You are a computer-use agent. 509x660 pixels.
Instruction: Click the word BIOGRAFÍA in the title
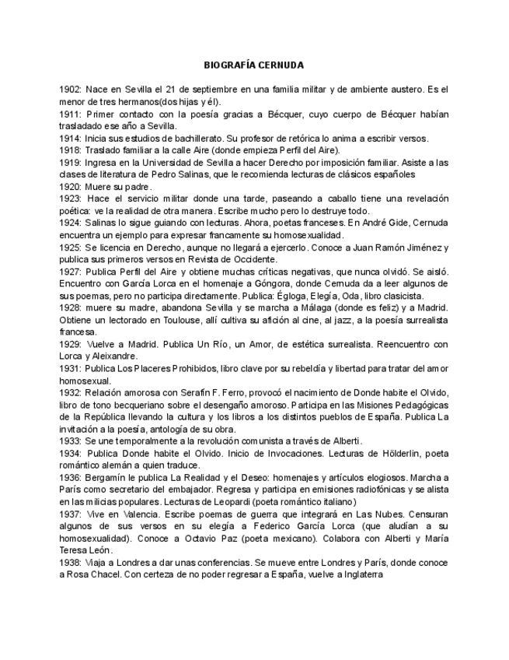pyautogui.click(x=229, y=65)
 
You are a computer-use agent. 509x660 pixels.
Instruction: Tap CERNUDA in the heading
pyautogui.click(x=281, y=65)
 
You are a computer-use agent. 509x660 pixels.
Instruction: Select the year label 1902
pyautogui.click(x=70, y=90)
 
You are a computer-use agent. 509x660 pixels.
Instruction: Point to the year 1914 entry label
pyautogui.click(x=70, y=138)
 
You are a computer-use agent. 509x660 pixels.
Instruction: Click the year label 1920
pyautogui.click(x=70, y=186)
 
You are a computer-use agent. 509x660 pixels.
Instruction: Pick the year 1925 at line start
pyautogui.click(x=70, y=246)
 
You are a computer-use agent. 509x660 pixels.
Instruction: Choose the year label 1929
pyautogui.click(x=70, y=343)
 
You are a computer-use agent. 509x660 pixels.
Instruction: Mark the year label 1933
pyautogui.click(x=70, y=440)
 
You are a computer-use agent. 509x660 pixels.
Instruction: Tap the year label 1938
pyautogui.click(x=70, y=562)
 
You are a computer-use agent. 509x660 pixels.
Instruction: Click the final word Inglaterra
pyautogui.click(x=357, y=574)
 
